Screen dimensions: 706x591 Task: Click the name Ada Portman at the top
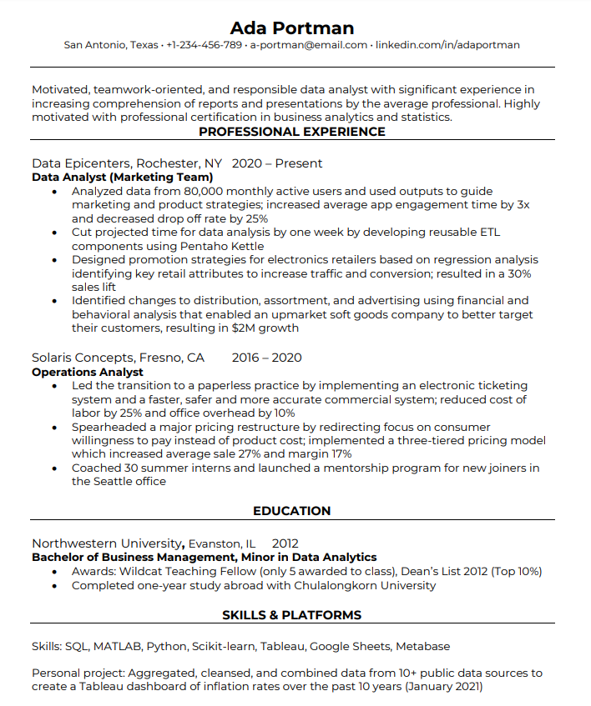point(291,28)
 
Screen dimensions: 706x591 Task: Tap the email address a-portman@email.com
point(309,45)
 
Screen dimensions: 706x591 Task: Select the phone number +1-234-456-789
point(204,45)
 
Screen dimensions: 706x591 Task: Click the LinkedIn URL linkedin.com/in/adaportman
point(447,45)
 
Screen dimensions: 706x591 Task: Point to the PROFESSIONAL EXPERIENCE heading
point(292,132)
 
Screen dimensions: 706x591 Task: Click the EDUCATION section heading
point(292,511)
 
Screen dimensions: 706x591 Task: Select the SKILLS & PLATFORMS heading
point(292,615)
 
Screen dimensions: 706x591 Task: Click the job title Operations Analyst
point(88,372)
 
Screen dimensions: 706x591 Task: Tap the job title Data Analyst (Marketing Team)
point(123,178)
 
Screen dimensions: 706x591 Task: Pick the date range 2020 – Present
point(277,163)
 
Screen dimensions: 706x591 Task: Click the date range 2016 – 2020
point(267,358)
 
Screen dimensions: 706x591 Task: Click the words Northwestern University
point(107,543)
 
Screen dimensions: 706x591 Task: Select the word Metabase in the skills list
point(422,646)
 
